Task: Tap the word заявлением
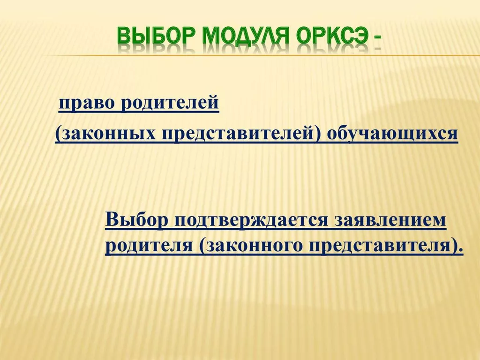point(390,220)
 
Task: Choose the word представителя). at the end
point(386,246)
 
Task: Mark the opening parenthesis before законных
point(58,134)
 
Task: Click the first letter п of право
point(63,105)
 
